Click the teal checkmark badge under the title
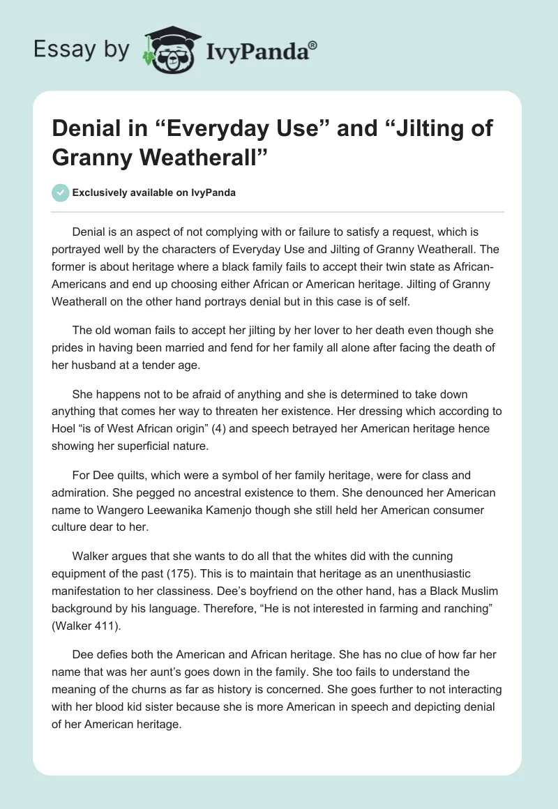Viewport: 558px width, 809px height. [x=61, y=192]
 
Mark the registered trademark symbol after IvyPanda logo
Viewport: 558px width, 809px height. [x=312, y=44]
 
